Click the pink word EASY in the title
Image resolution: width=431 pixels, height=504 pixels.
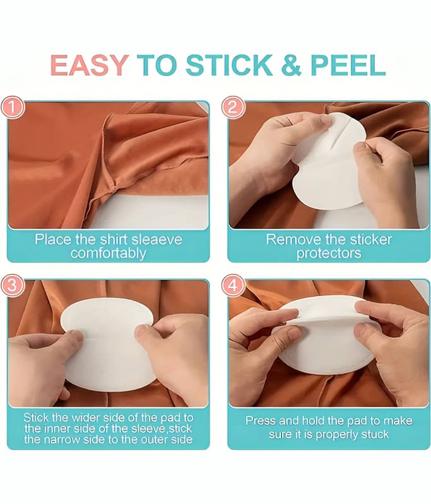90,66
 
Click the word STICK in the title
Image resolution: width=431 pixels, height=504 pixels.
229,66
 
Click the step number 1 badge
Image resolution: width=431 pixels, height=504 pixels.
12,107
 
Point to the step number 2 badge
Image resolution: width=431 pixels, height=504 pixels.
233,107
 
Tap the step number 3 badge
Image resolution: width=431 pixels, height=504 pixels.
12,285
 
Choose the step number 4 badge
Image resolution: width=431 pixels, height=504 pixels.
233,285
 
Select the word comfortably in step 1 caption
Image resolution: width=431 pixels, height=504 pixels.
108,253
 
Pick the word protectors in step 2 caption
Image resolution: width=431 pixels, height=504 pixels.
329,254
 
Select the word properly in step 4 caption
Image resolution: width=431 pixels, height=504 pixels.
338,435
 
